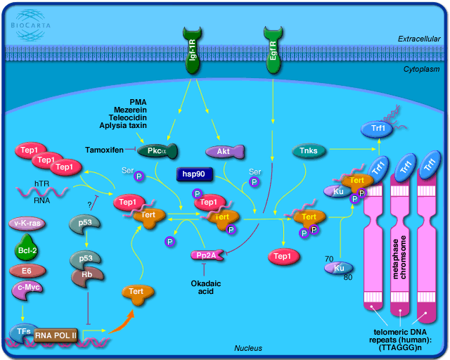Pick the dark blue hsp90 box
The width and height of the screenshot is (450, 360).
click(195, 172)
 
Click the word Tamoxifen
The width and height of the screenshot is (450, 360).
click(104, 150)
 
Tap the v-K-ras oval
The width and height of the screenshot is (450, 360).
click(29, 224)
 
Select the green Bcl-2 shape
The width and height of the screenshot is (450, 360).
click(29, 248)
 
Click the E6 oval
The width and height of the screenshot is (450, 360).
click(29, 270)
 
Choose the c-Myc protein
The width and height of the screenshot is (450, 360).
click(29, 288)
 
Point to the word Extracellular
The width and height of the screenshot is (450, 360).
click(416, 38)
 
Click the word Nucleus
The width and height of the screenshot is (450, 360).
click(247, 348)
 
